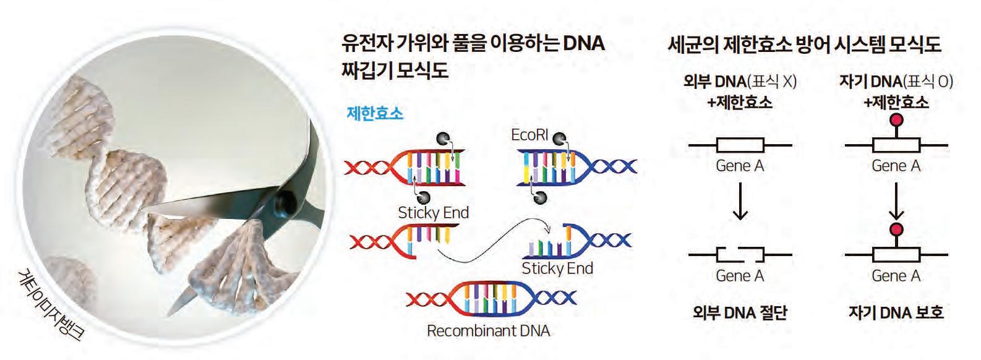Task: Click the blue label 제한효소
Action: point(375,114)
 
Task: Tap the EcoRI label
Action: point(529,135)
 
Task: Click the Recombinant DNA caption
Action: point(488,331)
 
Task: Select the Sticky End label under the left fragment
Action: point(433,213)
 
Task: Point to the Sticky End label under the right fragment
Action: point(557,268)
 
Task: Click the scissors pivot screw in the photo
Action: point(286,200)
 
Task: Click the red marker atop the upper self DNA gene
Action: point(896,120)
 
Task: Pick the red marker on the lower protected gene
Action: point(896,230)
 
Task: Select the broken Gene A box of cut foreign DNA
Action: point(740,254)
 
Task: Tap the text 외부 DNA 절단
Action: point(740,312)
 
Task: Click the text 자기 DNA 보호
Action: point(896,312)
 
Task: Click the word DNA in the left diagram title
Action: point(584,43)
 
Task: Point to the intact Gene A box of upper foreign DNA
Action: point(740,145)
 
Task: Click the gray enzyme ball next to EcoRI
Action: point(559,138)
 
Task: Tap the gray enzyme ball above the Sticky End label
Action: point(424,197)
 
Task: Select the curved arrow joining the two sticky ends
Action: point(489,238)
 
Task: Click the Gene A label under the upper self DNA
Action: point(896,166)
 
